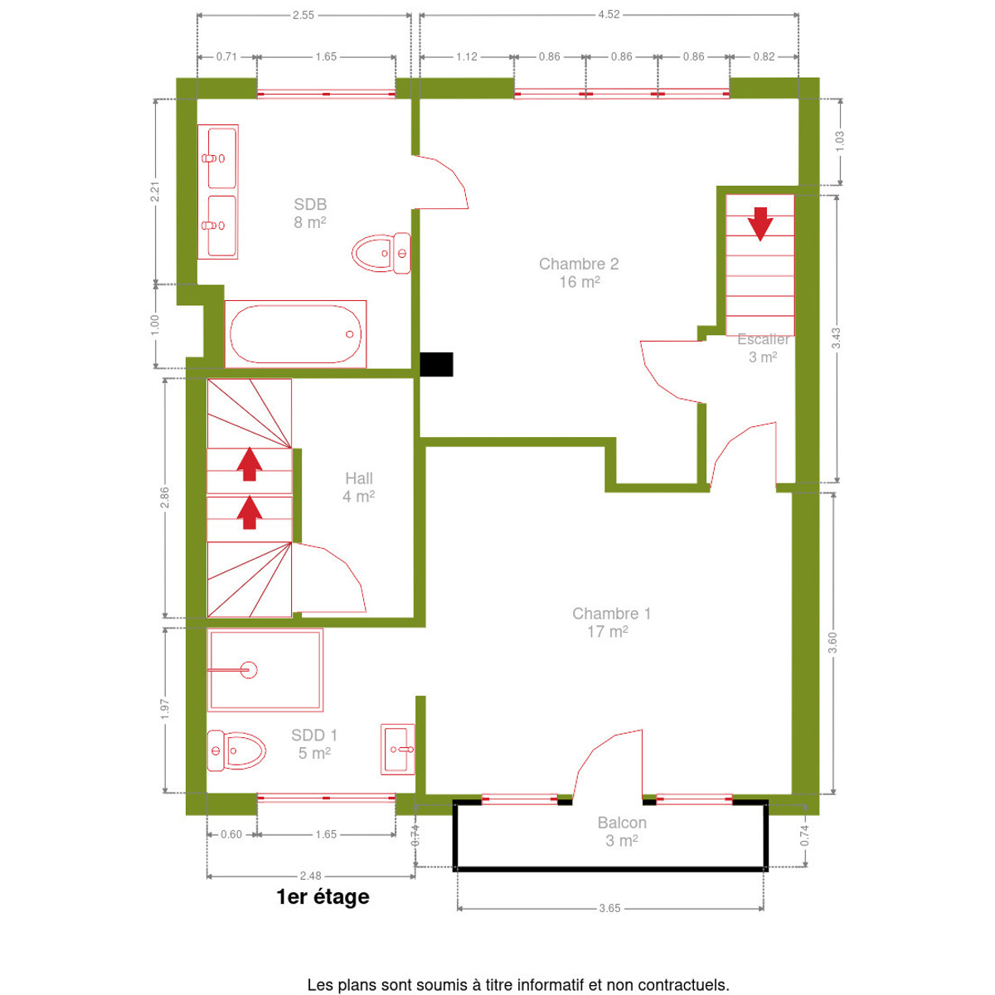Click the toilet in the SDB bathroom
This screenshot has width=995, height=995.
[381, 253]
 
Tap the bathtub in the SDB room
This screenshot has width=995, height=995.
[295, 334]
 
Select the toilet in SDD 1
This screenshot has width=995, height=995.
[236, 750]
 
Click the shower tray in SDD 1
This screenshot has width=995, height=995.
[265, 670]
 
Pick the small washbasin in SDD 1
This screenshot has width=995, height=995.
[398, 750]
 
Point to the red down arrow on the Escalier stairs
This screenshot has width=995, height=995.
[760, 224]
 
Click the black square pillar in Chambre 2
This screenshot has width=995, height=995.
[436, 364]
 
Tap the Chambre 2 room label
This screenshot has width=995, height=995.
[579, 273]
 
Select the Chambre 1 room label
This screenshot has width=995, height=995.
[611, 622]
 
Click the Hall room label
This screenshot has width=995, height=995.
[359, 487]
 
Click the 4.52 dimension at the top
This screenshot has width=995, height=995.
[609, 14]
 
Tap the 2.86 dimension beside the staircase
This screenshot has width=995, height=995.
[165, 498]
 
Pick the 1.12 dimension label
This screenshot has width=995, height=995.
[466, 57]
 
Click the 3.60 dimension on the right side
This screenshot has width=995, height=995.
[832, 643]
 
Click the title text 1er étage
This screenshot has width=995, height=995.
[323, 897]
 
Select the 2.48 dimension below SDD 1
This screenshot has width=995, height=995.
[310, 876]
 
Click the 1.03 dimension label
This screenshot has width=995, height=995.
[840, 142]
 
